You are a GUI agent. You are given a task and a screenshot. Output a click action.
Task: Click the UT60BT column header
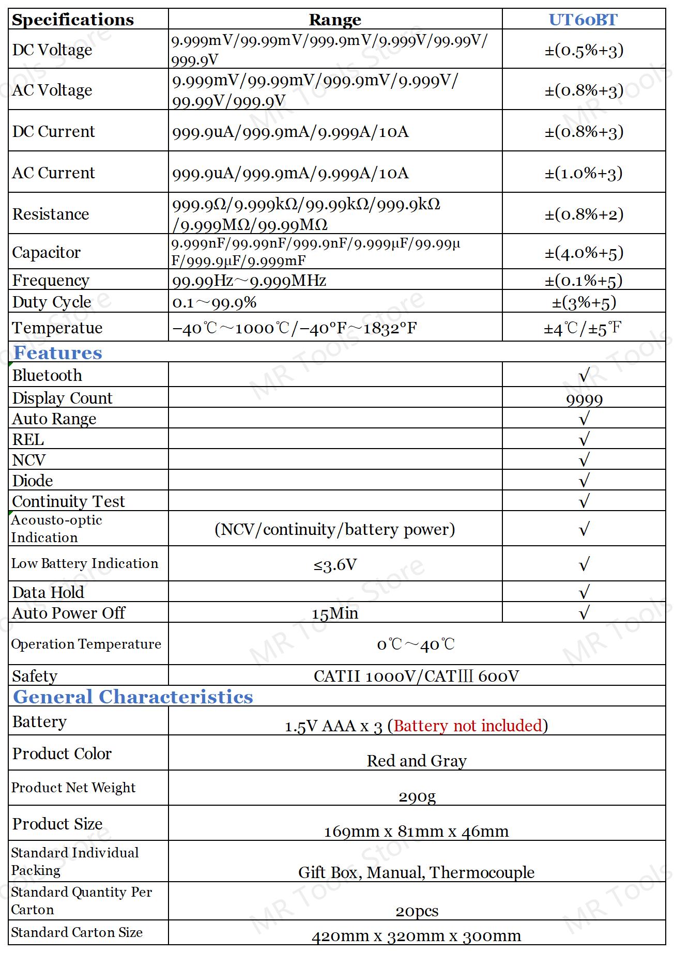pos(583,20)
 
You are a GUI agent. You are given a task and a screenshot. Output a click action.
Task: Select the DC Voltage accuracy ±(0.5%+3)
pos(584,50)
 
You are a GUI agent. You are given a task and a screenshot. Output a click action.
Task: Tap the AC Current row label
pos(54,173)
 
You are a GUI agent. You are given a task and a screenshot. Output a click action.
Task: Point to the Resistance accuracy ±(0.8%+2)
pos(584,214)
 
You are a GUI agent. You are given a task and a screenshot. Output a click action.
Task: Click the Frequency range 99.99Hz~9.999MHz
pos(249,281)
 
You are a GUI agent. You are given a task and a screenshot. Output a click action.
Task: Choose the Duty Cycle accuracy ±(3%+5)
pos(584,302)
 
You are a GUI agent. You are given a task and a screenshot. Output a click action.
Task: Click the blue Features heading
pos(58,352)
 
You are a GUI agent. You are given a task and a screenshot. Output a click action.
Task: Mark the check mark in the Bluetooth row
pos(584,376)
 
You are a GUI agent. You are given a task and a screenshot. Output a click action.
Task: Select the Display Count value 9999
pos(584,399)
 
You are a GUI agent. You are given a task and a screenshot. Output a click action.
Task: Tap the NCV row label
pos(29,460)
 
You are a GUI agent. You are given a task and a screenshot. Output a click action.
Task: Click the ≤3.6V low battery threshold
pos(335,565)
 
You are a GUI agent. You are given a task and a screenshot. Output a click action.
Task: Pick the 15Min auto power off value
pos(335,613)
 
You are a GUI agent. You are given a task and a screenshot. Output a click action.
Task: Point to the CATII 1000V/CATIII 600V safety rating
pos(416,676)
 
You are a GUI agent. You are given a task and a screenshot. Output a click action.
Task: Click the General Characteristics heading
pos(133,697)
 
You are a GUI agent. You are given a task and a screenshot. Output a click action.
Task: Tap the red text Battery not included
pos(468,726)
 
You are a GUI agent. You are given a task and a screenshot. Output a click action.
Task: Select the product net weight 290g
pos(417,796)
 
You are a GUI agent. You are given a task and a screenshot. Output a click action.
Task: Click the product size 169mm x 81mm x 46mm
pos(416,832)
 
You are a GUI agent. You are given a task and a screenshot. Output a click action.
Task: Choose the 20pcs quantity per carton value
pos(417,911)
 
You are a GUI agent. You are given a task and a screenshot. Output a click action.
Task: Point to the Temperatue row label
pos(57,328)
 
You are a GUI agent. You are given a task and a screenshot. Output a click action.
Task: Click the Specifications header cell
pos(73,20)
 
